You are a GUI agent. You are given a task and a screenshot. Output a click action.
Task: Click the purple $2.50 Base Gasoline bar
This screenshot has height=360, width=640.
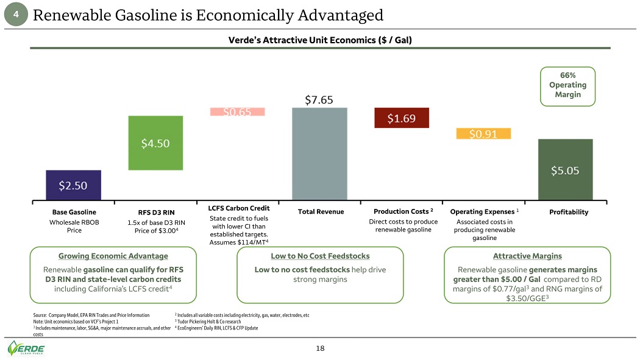coord(74,185)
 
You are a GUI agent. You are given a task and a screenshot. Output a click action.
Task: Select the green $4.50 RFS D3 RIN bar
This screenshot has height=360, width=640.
coord(155,143)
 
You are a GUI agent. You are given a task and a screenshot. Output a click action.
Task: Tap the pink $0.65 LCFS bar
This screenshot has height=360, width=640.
coord(238,112)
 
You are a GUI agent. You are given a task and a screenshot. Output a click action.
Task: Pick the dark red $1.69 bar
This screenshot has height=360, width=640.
coord(401,118)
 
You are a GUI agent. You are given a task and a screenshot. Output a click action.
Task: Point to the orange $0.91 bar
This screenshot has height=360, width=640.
coord(483,134)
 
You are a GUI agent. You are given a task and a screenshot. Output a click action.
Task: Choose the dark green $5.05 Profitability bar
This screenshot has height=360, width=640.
coord(565,169)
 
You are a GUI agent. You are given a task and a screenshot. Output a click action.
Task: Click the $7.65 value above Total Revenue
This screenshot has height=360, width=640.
coord(319,100)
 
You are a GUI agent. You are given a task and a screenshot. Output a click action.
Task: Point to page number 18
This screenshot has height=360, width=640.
coord(320,348)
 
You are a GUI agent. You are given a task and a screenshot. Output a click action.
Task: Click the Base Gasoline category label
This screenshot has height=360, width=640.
coord(74,212)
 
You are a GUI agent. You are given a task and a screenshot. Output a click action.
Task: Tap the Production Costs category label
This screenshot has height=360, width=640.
coord(403,211)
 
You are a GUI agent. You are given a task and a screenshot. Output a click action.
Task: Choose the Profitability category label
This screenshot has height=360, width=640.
coord(568,212)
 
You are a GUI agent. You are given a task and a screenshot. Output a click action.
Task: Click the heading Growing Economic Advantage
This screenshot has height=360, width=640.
coord(113,256)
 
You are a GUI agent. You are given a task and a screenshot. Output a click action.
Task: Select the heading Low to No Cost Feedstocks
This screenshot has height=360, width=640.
coord(320,256)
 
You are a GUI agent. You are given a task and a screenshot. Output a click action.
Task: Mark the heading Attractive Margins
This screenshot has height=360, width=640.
coord(527,256)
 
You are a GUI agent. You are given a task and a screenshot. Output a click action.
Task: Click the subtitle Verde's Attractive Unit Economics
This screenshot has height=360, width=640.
coord(320,41)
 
